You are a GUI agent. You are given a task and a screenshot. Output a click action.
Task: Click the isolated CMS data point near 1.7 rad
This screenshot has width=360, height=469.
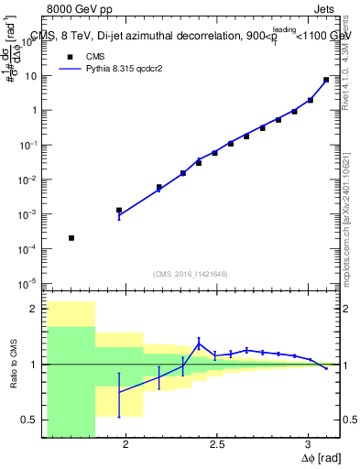71,238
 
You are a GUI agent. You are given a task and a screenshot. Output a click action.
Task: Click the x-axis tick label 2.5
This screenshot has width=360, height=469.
217,444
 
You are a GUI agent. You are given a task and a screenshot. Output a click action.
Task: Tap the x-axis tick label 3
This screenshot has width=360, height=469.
308,444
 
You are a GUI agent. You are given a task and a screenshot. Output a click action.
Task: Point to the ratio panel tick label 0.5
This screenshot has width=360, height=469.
33,420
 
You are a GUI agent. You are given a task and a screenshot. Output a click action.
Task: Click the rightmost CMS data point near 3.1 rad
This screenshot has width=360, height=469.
326,80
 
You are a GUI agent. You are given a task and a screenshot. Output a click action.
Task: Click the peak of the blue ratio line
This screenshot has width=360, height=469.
199,344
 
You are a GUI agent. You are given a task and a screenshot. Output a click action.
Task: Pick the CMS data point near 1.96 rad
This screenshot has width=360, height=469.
119,210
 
